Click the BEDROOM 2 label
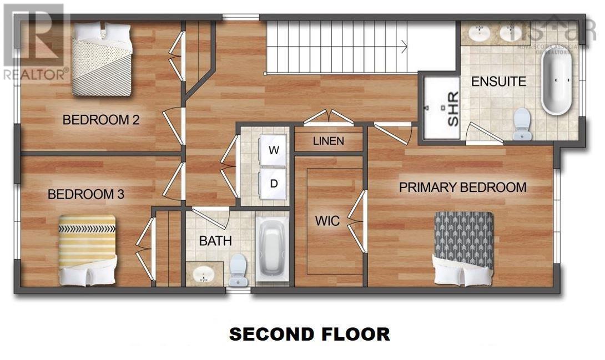(x=100, y=119)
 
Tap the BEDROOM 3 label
(x=85, y=194)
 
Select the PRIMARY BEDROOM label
(x=462, y=187)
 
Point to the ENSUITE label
(x=498, y=82)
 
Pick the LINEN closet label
(x=328, y=141)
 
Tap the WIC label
(x=327, y=221)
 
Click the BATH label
(x=215, y=241)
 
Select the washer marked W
(x=274, y=150)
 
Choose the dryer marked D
(x=274, y=183)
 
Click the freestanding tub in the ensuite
(x=556, y=83)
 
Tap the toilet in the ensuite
(x=522, y=124)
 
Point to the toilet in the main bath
(x=239, y=270)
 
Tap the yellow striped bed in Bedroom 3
(x=87, y=250)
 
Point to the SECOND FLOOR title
(x=309, y=334)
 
